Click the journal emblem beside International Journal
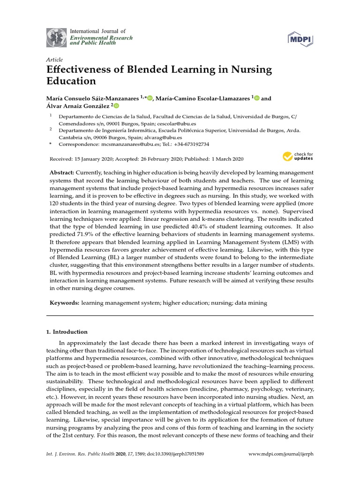(56, 37)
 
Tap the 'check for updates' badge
(298, 156)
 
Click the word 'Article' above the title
(54, 60)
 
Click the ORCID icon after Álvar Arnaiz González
(116, 106)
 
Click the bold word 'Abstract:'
(62, 173)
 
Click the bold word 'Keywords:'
(65, 303)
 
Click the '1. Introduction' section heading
(67, 331)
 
